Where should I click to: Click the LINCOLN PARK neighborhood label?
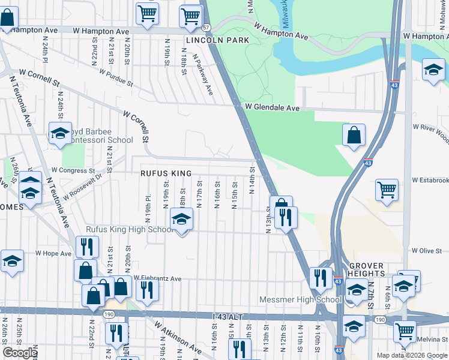click(x=208, y=41)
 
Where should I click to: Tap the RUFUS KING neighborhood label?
click(x=166, y=173)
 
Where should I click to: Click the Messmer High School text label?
click(x=300, y=299)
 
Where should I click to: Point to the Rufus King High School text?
click(x=130, y=229)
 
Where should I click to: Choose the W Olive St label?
click(x=426, y=250)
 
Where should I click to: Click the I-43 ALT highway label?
click(x=229, y=316)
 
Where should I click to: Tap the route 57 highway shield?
click(x=206, y=28)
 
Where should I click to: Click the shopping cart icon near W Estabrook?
click(x=387, y=190)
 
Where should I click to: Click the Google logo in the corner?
click(x=20, y=353)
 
